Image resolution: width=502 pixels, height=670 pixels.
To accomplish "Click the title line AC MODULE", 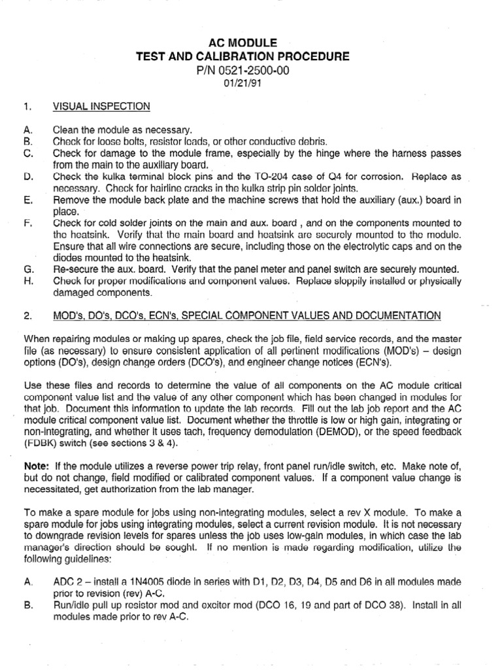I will (251, 43).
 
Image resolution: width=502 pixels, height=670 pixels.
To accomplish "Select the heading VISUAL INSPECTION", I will (102, 106).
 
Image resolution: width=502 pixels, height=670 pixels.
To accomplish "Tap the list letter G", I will (28, 269).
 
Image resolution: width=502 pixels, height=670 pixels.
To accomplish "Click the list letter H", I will (28, 281).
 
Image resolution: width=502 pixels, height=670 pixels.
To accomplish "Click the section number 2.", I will (28, 316).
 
